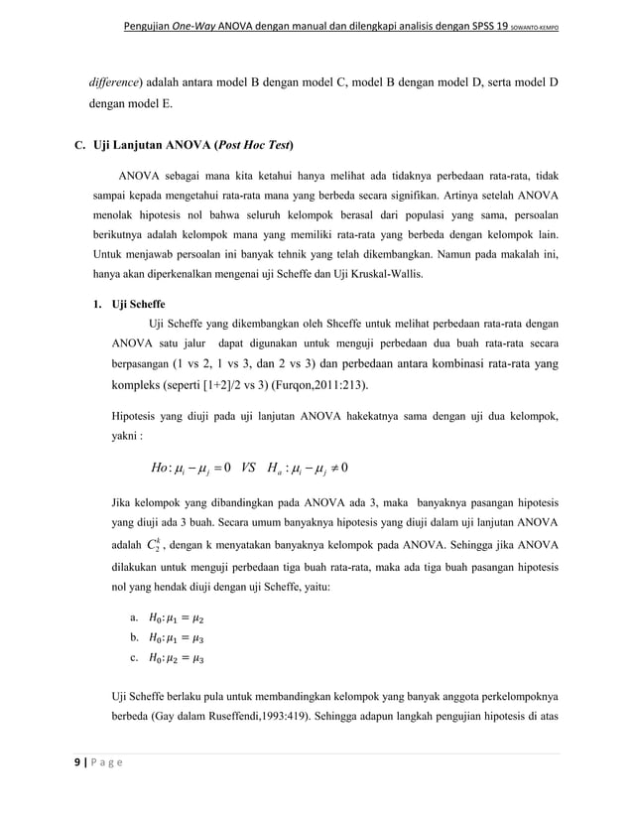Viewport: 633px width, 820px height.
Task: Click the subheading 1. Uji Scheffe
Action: tap(130, 304)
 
